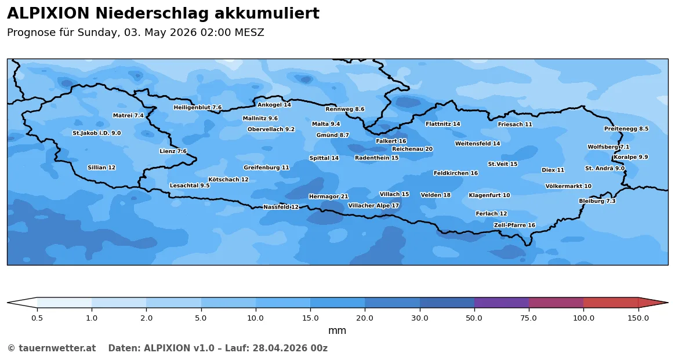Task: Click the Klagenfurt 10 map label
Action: pos(489,195)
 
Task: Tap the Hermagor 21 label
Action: pos(328,197)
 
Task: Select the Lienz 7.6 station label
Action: pos(173,151)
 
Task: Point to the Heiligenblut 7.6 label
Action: pos(198,107)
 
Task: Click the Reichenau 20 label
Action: pos(412,149)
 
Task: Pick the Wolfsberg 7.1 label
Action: pos(608,147)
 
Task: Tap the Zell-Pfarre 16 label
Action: pos(514,225)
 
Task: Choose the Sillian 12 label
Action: pos(101,168)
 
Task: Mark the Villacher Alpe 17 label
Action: pos(373,206)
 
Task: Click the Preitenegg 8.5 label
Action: pos(626,129)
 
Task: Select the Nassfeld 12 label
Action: pos(281,207)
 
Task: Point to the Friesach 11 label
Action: pos(515,124)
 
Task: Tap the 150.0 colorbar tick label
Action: pos(638,318)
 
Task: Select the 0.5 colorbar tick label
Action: pos(37,318)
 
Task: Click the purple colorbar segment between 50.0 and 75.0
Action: pos(502,303)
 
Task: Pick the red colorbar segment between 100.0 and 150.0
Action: pos(611,303)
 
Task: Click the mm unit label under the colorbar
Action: pos(337,331)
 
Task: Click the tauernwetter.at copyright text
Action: pos(51,348)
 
